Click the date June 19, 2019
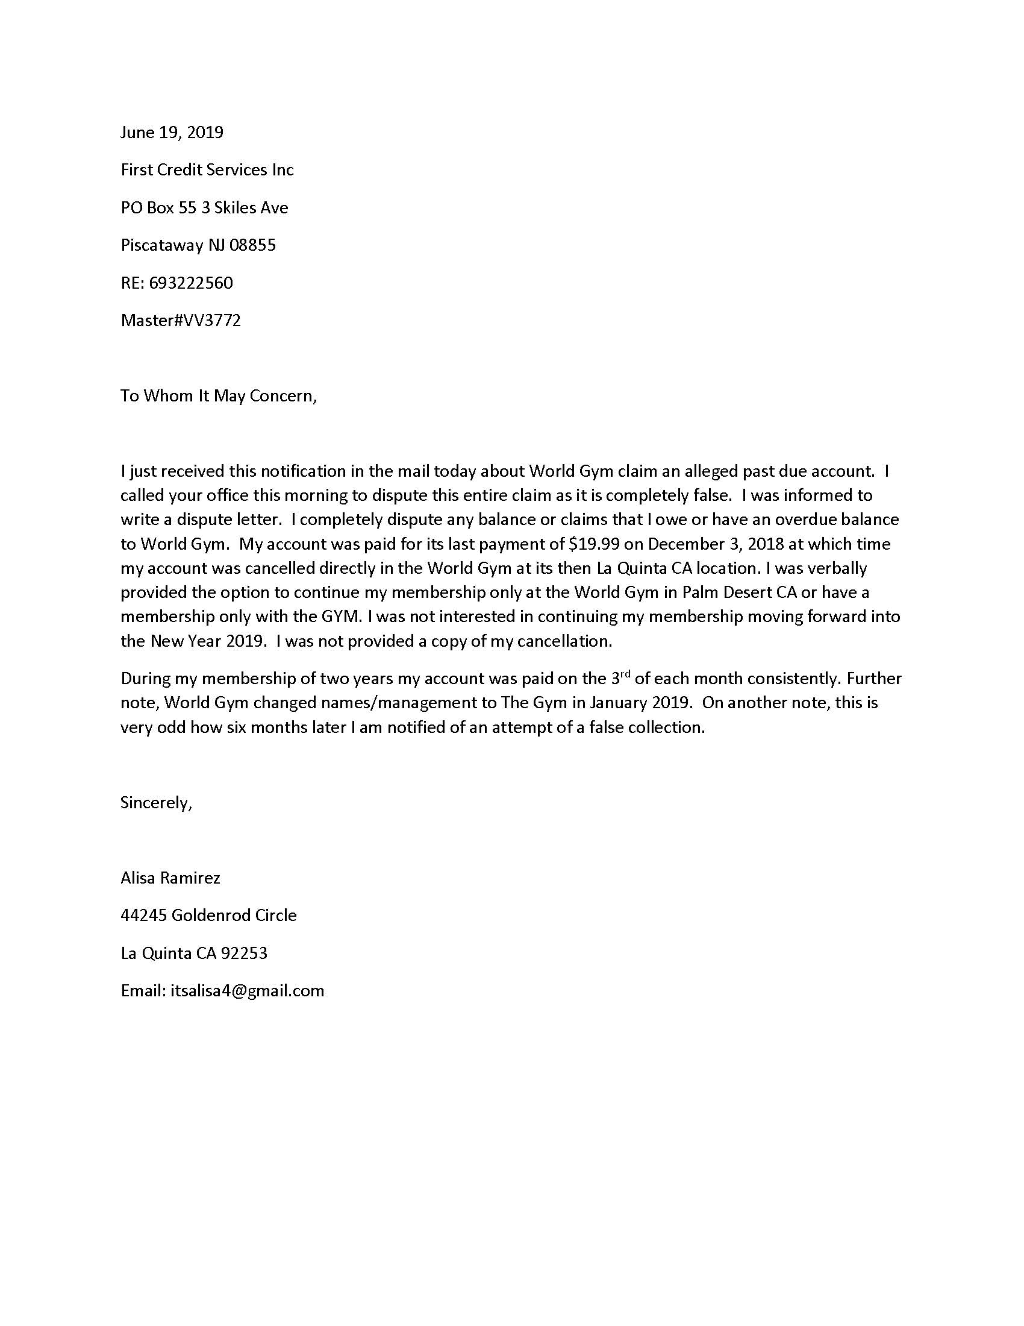172,133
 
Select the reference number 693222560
190,283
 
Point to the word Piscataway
162,245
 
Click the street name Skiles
236,208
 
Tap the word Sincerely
155,803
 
